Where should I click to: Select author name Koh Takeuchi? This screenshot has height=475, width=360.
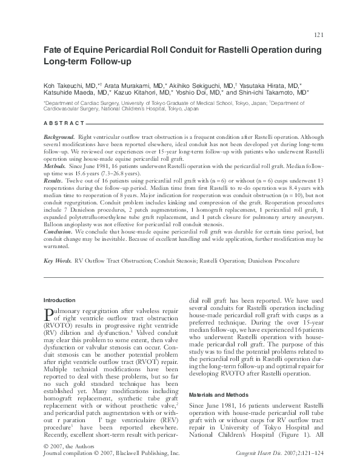pyautogui.click(x=67, y=86)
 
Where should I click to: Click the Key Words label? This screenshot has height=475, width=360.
pyautogui.click(x=58, y=261)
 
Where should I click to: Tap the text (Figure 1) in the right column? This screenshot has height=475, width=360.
pyautogui.click(x=299, y=434)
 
